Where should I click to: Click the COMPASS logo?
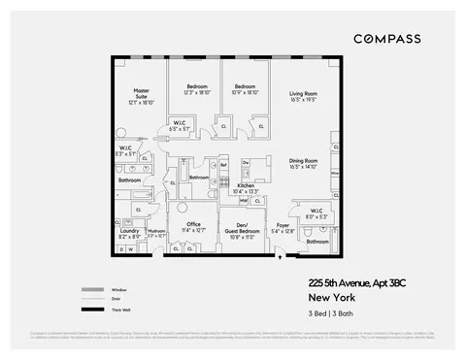[386, 39]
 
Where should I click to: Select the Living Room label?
[304, 96]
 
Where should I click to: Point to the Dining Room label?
[304, 162]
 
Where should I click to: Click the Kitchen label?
[246, 187]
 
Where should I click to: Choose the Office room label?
[193, 226]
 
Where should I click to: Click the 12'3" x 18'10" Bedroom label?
[197, 89]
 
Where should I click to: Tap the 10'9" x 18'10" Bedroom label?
[244, 89]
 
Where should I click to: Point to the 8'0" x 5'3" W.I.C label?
[316, 212]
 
